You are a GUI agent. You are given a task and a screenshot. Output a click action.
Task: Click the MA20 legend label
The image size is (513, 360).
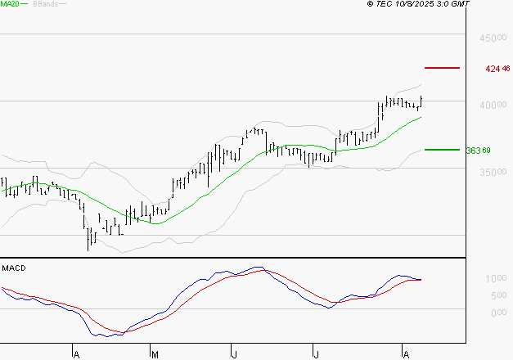(9, 4)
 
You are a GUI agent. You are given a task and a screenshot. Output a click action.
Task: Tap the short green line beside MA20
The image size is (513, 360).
(25, 4)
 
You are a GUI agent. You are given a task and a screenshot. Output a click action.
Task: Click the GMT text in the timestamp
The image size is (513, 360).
(461, 4)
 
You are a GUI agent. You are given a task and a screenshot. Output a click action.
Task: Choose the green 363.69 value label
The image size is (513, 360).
(478, 151)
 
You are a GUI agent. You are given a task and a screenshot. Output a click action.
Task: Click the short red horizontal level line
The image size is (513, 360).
(443, 68)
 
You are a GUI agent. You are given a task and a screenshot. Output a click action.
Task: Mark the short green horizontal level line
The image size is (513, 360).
(443, 150)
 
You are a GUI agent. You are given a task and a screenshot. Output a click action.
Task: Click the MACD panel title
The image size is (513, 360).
(14, 268)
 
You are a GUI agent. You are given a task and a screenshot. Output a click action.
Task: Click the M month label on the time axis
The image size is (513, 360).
(154, 353)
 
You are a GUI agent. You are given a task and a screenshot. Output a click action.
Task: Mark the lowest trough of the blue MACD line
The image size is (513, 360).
(104, 335)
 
